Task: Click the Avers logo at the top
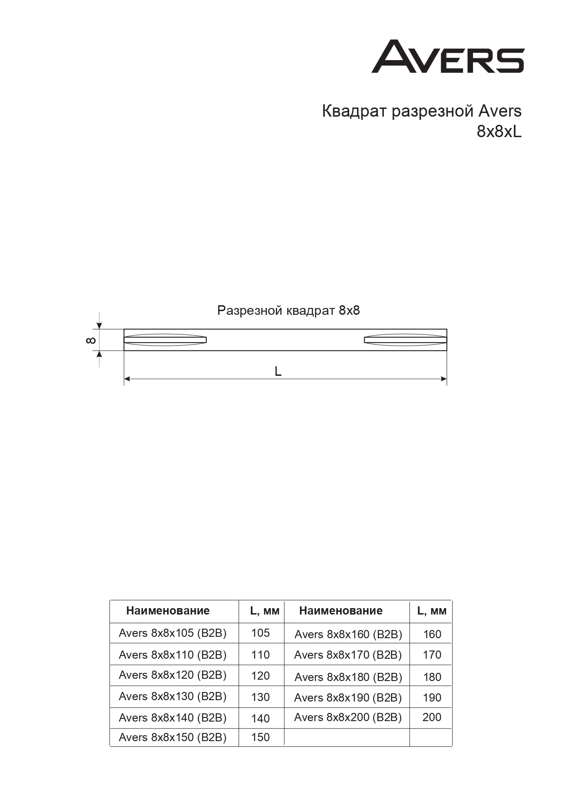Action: (x=448, y=56)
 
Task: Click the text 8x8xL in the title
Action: (x=499, y=132)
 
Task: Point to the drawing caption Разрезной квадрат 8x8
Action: (x=288, y=311)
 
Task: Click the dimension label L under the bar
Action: (x=278, y=372)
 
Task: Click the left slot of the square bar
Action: (x=165, y=340)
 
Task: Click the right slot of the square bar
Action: (x=405, y=340)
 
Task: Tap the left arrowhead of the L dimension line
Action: (x=127, y=379)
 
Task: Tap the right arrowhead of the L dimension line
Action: (x=443, y=379)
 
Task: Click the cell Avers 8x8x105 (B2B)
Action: (x=173, y=633)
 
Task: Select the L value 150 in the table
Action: (x=260, y=738)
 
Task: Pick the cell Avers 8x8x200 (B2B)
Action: (x=348, y=717)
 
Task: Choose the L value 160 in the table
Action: (x=432, y=634)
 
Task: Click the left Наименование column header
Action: (x=168, y=611)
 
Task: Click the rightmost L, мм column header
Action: (x=432, y=611)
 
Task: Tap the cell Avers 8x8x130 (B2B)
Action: (x=173, y=697)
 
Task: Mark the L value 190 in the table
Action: (x=432, y=698)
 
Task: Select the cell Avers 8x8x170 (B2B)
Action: (x=348, y=655)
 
